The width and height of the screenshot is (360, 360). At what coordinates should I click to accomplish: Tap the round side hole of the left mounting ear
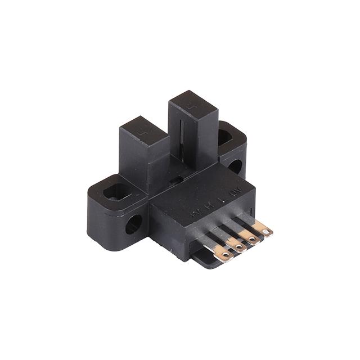point(133,224)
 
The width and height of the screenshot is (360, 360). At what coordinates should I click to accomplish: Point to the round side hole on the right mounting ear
point(235,166)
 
